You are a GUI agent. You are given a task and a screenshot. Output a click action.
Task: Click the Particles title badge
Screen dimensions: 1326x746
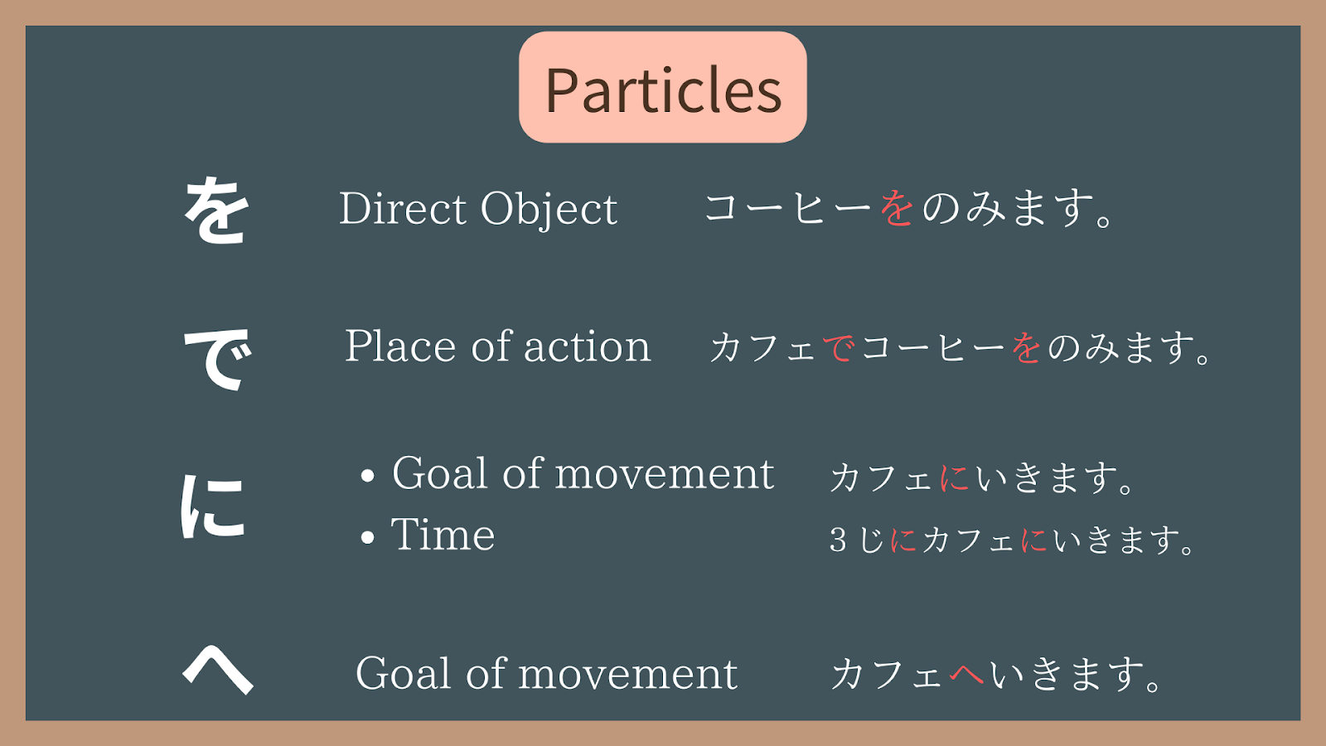[x=662, y=87]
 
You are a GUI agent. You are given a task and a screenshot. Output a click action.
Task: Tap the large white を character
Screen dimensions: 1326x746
[x=215, y=211]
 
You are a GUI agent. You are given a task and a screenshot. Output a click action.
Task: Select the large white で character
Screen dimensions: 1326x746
[x=217, y=359]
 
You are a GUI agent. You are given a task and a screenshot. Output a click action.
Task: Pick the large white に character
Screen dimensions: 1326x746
[x=212, y=506]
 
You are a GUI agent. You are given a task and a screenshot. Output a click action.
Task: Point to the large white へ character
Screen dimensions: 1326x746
[x=218, y=669]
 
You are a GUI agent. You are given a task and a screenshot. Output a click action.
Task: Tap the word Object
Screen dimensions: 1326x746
[x=549, y=210]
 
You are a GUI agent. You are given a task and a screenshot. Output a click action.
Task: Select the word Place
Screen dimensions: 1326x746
[x=400, y=346]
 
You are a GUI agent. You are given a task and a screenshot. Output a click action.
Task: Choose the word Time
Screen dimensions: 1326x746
[x=443, y=534]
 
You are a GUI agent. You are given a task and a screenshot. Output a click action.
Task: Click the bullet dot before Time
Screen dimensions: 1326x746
[x=368, y=537]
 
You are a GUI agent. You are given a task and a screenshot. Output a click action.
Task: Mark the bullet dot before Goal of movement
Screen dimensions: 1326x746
[x=368, y=476]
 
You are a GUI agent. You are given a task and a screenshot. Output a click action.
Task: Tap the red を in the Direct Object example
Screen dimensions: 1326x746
[x=897, y=208]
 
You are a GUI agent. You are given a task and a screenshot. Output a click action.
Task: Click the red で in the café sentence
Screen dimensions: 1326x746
[x=840, y=347]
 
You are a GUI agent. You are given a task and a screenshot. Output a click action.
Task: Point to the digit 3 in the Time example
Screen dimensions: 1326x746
[x=838, y=540]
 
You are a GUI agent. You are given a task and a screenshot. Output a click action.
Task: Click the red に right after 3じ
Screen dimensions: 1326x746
[x=904, y=540]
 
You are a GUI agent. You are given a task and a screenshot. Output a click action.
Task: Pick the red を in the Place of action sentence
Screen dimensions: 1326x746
[x=1027, y=347]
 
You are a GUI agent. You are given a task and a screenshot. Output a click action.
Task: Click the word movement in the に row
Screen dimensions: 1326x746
[x=664, y=473]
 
